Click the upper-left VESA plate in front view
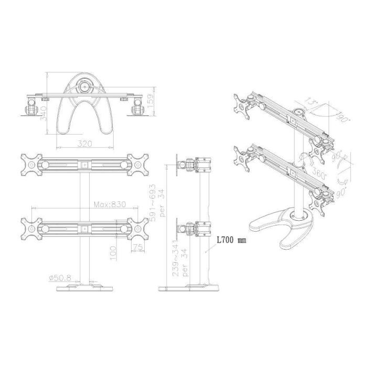coord(30,164)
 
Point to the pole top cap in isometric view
coord(299,112)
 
